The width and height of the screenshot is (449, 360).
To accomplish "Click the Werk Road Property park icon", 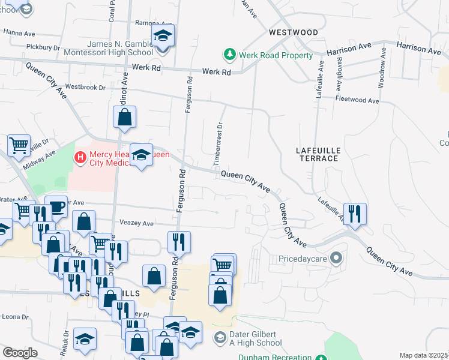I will pyautogui.click(x=229, y=55).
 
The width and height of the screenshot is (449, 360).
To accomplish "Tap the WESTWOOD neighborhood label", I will pyautogui.click(x=293, y=32).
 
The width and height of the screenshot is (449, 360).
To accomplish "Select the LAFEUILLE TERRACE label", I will pyautogui.click(x=318, y=154).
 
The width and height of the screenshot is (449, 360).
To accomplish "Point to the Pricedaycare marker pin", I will pyautogui.click(x=336, y=259).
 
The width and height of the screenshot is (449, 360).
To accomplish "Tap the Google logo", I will pyautogui.click(x=20, y=352).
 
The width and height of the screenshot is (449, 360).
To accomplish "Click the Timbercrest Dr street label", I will pyautogui.click(x=219, y=144).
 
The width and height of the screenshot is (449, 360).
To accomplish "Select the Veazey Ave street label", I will pyautogui.click(x=137, y=223).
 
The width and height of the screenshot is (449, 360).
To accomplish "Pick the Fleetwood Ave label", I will pyautogui.click(x=357, y=100).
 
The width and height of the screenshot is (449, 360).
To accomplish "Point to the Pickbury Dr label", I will pyautogui.click(x=44, y=46).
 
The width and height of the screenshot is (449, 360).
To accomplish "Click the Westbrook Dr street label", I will pyautogui.click(x=85, y=87).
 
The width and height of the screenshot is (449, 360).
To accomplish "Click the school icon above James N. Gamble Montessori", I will pyautogui.click(x=162, y=36).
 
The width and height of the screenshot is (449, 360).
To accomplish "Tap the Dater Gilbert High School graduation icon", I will pyautogui.click(x=220, y=338).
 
